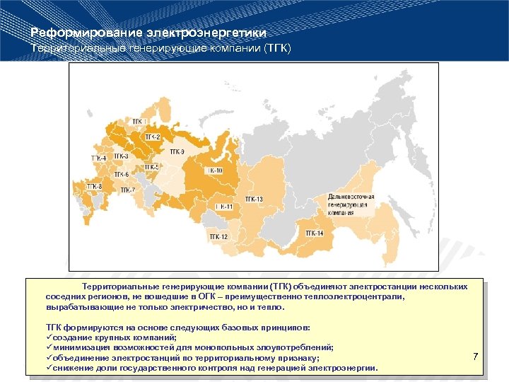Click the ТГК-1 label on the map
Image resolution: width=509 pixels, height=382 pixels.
point(141,122)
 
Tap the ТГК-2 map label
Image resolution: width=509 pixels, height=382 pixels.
point(153,137)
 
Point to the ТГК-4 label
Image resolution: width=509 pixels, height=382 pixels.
point(98,158)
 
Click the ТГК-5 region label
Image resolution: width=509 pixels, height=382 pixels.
point(152,167)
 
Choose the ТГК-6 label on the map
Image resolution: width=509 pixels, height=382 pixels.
point(121,174)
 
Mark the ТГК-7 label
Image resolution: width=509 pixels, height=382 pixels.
point(127,190)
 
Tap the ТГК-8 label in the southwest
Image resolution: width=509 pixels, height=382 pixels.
point(94,186)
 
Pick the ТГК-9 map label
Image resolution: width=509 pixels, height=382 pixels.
point(177,151)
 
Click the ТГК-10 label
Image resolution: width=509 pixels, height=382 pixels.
point(213,170)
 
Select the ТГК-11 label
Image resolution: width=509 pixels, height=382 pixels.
point(224,207)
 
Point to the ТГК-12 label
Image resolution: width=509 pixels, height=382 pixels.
point(218,236)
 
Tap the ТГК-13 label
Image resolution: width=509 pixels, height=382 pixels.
point(254,199)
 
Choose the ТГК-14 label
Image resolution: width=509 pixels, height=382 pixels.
point(315,233)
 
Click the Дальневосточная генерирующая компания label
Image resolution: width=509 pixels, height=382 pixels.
point(351,204)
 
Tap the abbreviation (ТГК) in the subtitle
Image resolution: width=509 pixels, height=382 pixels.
point(274,48)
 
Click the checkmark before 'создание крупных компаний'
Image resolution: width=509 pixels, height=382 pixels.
point(49,337)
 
